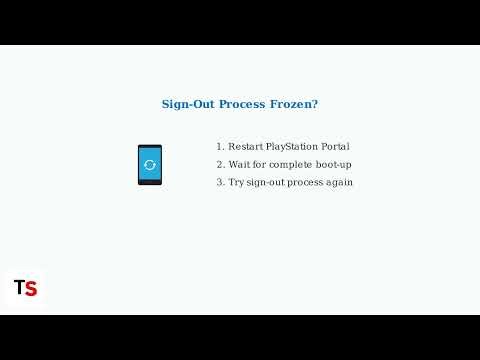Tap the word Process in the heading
[x=242, y=104]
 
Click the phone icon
[x=150, y=164]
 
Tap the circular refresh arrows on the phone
[x=150, y=164]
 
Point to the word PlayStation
[x=296, y=146]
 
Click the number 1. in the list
[x=220, y=146]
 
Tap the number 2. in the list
[x=220, y=164]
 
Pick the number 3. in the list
[x=220, y=182]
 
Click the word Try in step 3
[x=237, y=182]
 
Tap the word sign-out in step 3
[x=268, y=182]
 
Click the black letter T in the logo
[x=19, y=288]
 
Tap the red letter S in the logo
[x=31, y=289]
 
